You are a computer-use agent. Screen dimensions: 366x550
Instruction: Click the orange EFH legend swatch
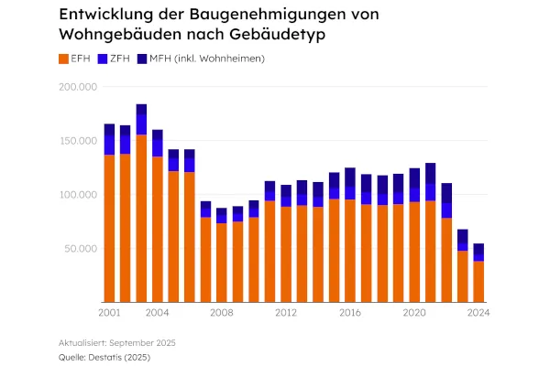(63, 59)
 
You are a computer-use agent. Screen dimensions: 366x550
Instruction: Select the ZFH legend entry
(118, 59)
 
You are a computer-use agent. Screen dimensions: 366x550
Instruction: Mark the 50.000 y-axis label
(80, 248)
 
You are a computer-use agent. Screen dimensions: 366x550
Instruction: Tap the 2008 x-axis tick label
(221, 313)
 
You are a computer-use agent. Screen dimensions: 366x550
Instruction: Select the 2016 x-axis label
(349, 313)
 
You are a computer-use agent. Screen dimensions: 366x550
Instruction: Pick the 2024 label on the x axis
(477, 313)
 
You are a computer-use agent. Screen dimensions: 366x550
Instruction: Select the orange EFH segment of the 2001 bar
(109, 229)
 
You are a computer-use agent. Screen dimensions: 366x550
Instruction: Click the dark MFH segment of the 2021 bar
(430, 173)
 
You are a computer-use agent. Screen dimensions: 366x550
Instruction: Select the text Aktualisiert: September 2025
(116, 341)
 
